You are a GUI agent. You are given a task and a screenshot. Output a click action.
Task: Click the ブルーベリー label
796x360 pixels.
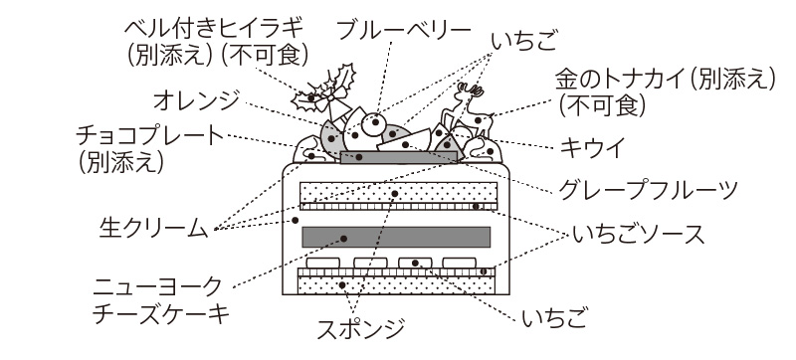click(x=404, y=32)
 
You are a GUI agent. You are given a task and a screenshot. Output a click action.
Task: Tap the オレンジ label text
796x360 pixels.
click(x=196, y=100)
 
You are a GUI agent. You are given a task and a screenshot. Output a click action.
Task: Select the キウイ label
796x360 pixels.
click(x=592, y=147)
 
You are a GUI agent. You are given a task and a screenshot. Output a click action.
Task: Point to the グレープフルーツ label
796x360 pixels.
click(x=648, y=190)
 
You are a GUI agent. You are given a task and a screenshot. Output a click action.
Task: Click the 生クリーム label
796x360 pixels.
click(x=153, y=228)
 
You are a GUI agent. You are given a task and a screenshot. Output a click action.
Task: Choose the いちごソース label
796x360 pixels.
click(x=639, y=235)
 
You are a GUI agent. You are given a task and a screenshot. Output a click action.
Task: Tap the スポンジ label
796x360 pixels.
click(x=361, y=328)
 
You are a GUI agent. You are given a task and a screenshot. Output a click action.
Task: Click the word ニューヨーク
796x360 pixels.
click(x=157, y=287)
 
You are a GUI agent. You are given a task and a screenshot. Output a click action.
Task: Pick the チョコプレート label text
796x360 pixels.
click(x=150, y=136)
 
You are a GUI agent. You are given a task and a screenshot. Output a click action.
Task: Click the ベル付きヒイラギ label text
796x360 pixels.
click(x=214, y=29)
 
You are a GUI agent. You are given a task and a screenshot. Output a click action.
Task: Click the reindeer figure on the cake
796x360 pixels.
click(x=468, y=110)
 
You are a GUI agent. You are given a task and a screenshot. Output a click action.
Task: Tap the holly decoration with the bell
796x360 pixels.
click(x=325, y=93)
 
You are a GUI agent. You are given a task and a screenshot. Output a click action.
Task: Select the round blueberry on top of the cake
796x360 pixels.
click(x=375, y=123)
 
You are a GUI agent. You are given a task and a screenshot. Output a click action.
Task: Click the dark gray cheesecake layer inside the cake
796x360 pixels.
click(x=396, y=238)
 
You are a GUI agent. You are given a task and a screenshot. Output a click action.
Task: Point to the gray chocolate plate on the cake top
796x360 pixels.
click(x=399, y=157)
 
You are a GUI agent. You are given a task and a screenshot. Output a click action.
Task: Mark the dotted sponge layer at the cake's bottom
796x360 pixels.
click(x=396, y=285)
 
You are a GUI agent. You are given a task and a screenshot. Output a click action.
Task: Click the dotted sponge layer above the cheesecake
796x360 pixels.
click(x=399, y=192)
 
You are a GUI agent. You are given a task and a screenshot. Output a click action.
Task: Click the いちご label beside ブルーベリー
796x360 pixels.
click(x=525, y=42)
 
